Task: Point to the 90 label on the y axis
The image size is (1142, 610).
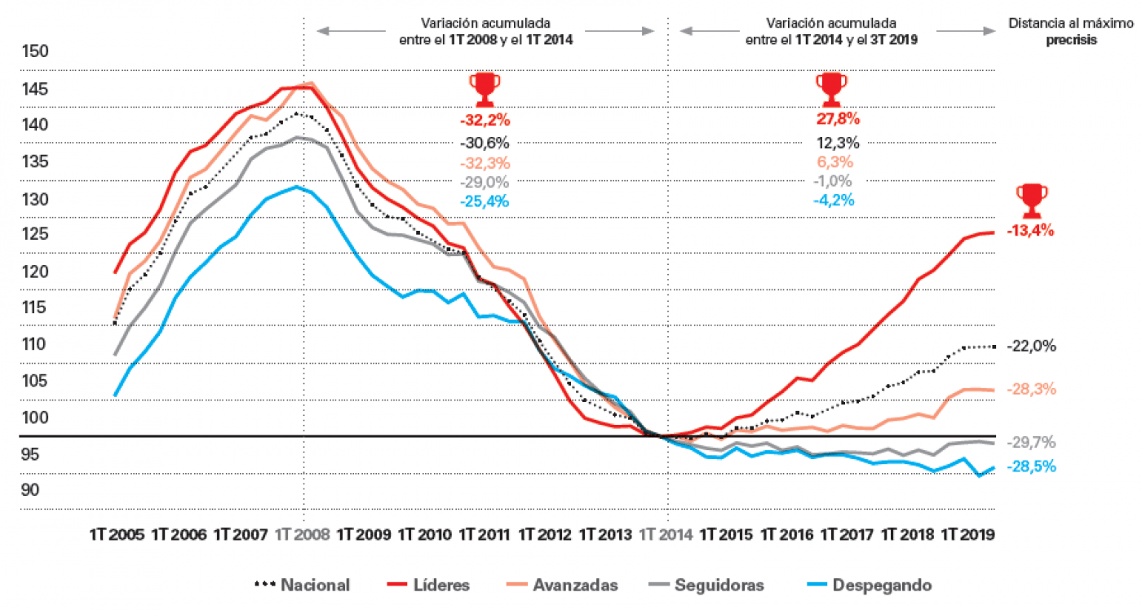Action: click(x=30, y=490)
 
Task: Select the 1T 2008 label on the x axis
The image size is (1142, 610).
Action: click(x=303, y=535)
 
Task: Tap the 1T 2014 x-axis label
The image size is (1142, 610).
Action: click(x=666, y=535)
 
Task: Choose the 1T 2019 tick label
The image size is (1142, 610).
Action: click(x=967, y=535)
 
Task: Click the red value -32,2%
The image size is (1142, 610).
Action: click(x=485, y=120)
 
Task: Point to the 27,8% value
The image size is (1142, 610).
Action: click(x=838, y=119)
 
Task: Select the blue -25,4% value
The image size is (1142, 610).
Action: click(x=485, y=201)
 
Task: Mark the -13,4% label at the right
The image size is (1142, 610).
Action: click(x=1030, y=231)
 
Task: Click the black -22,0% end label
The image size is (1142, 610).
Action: click(x=1032, y=347)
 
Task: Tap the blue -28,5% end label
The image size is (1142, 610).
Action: click(x=1032, y=466)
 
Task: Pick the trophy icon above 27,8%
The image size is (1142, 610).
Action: click(x=831, y=89)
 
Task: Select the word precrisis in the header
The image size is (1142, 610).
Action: click(x=1071, y=38)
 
